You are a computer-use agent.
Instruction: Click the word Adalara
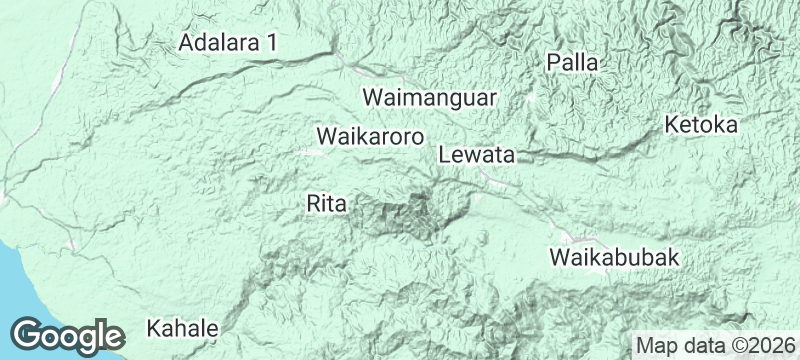click(218, 43)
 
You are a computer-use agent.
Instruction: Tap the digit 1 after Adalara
click(271, 43)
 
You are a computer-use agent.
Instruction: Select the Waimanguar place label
click(430, 99)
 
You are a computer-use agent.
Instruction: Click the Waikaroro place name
click(370, 135)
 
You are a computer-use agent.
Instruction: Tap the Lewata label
click(476, 156)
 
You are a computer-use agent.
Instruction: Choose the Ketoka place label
click(701, 126)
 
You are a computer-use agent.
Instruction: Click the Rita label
click(327, 204)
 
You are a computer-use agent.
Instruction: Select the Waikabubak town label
click(615, 257)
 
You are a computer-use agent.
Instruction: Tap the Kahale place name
click(182, 328)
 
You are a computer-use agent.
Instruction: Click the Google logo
click(68, 335)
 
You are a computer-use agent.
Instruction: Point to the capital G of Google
click(29, 334)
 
